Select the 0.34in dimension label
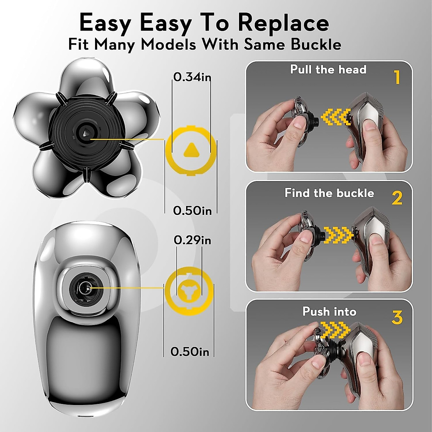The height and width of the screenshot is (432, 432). pyautogui.click(x=192, y=77)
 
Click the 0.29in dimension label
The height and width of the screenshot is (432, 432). pyautogui.click(x=192, y=240)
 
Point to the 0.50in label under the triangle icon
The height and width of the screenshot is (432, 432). pyautogui.click(x=192, y=211)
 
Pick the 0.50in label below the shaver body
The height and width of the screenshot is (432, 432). pyautogui.click(x=190, y=351)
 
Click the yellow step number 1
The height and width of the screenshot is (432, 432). pyautogui.click(x=397, y=77)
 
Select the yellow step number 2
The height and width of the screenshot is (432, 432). pyautogui.click(x=397, y=198)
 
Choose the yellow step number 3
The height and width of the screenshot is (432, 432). pyautogui.click(x=397, y=318)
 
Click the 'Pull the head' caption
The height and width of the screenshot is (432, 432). pyautogui.click(x=328, y=69)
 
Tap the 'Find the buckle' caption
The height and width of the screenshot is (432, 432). pyautogui.click(x=329, y=193)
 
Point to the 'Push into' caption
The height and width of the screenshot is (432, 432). pyautogui.click(x=329, y=311)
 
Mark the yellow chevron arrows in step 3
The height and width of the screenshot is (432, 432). pyautogui.click(x=335, y=328)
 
